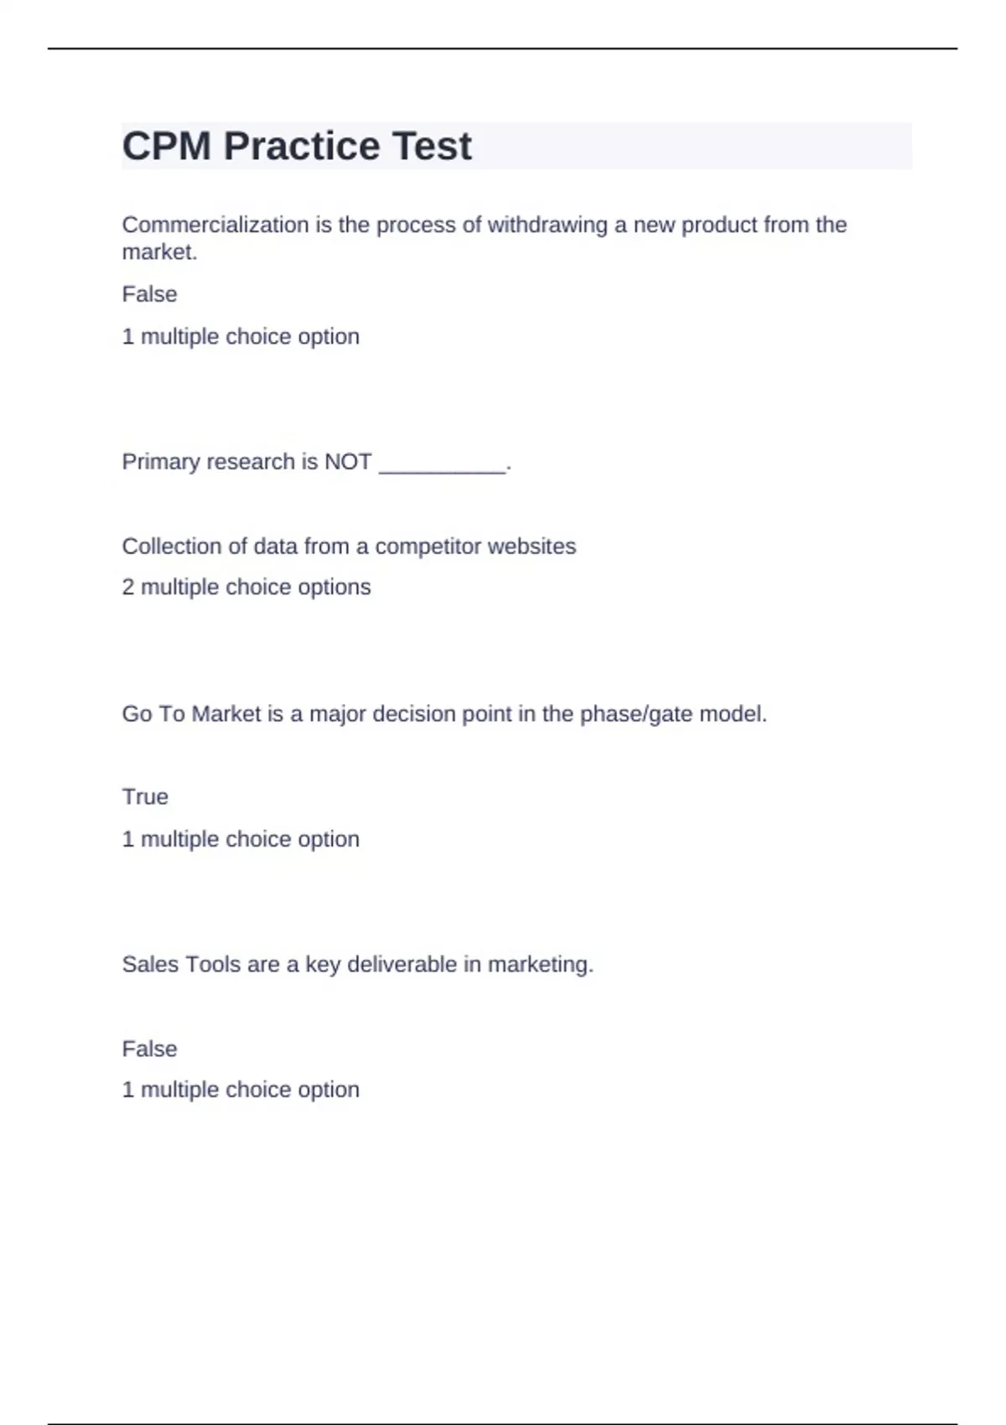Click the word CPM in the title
[x=166, y=147]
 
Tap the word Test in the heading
[x=432, y=147]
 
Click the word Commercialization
[x=215, y=225]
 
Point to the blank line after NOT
[x=443, y=463]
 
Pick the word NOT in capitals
[x=348, y=462]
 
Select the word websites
[x=532, y=547]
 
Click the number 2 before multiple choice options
[x=128, y=588]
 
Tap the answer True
[x=145, y=797]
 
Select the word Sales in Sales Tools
[x=150, y=965]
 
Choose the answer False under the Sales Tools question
[x=149, y=1049]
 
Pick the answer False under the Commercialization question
[x=149, y=294]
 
